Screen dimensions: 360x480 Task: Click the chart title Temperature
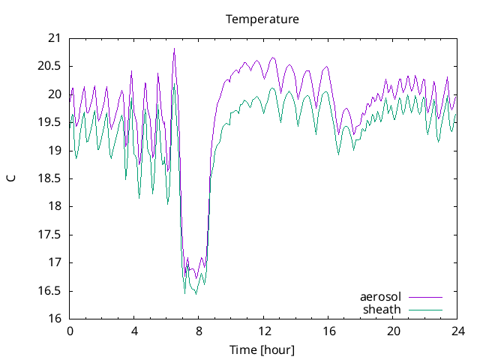click(x=262, y=19)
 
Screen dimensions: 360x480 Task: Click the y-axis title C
click(x=11, y=178)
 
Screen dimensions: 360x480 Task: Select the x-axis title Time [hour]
click(x=262, y=350)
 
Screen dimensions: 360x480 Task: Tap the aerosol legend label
click(x=381, y=297)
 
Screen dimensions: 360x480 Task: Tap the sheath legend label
click(x=382, y=309)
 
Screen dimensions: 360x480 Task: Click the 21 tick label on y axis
click(x=55, y=38)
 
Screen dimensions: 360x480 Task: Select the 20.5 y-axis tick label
click(x=50, y=66)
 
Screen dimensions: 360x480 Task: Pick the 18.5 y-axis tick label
click(x=50, y=178)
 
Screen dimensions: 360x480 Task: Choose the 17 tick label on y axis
click(x=55, y=262)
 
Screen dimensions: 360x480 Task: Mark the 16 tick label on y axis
click(x=55, y=319)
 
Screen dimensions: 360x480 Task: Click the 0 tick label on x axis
click(x=70, y=331)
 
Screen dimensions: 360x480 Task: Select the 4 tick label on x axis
click(x=134, y=331)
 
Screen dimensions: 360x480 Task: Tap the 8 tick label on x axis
click(x=199, y=331)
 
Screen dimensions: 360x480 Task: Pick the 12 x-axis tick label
click(x=264, y=331)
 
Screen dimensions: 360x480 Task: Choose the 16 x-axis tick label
click(x=328, y=331)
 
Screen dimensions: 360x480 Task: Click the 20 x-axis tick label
click(x=394, y=331)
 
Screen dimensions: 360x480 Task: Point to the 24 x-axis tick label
click(x=458, y=331)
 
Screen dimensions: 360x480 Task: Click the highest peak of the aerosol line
click(x=174, y=49)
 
